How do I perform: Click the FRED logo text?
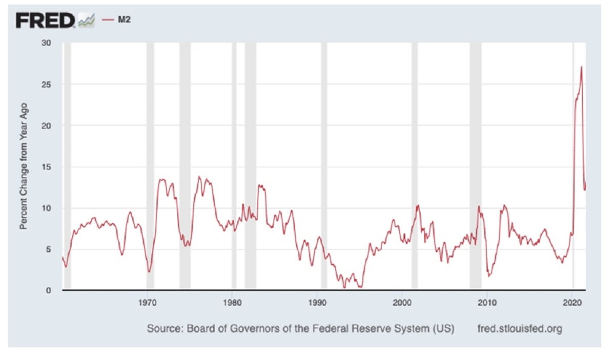pyautogui.click(x=45, y=20)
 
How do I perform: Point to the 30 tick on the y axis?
pyautogui.click(x=46, y=43)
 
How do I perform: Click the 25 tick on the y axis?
pyautogui.click(x=46, y=84)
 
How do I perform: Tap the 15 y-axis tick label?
pyautogui.click(x=46, y=167)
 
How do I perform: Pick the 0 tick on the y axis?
pyautogui.click(x=48, y=290)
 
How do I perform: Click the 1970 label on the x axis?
pyautogui.click(x=148, y=302)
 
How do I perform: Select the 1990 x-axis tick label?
pyautogui.click(x=317, y=302)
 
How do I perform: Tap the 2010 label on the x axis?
pyautogui.click(x=487, y=302)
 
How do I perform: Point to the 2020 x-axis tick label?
pyautogui.click(x=572, y=302)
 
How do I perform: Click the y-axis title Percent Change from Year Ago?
pyautogui.click(x=24, y=166)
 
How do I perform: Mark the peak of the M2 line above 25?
pyautogui.click(x=581, y=67)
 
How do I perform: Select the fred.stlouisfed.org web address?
pyautogui.click(x=519, y=328)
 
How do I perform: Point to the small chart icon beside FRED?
pyautogui.click(x=86, y=21)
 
